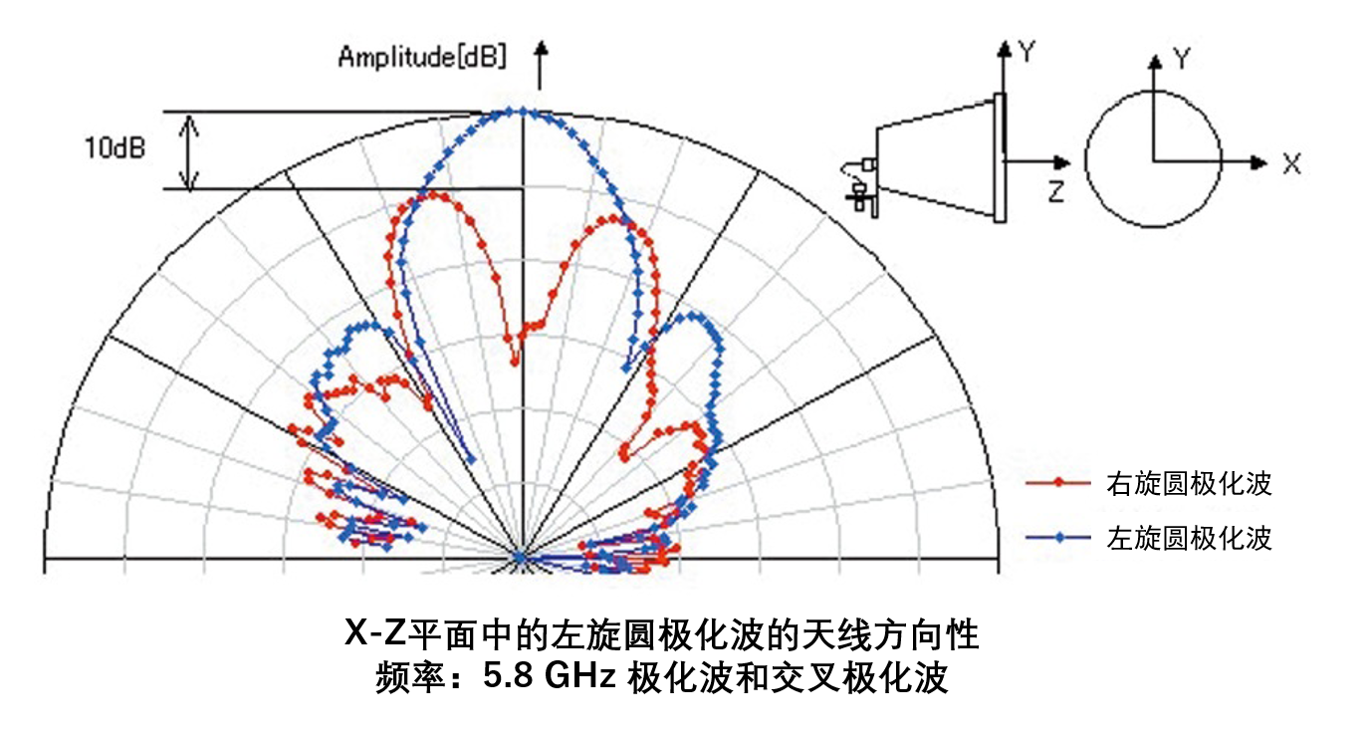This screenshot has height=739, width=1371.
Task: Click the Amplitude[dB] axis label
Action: [422, 57]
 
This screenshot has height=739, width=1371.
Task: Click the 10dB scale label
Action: [115, 148]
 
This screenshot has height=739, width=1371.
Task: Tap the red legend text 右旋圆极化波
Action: [1189, 484]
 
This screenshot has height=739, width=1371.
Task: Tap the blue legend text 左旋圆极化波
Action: [1189, 538]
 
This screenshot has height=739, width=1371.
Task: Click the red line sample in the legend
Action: [1058, 482]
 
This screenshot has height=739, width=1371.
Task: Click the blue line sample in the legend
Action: [1058, 538]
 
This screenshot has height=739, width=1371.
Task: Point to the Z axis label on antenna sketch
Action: [1056, 192]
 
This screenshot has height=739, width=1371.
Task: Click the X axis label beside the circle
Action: [1292, 164]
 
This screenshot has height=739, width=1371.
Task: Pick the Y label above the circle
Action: [1182, 59]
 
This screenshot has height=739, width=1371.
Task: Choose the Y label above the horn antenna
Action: [1027, 52]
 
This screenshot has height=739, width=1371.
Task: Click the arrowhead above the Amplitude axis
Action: [541, 49]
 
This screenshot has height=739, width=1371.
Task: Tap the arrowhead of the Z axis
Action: [1062, 163]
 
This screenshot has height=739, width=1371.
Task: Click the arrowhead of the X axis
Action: [1259, 163]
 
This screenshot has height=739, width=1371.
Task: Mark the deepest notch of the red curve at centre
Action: [515, 363]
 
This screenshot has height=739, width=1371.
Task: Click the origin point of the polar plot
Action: [521, 558]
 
